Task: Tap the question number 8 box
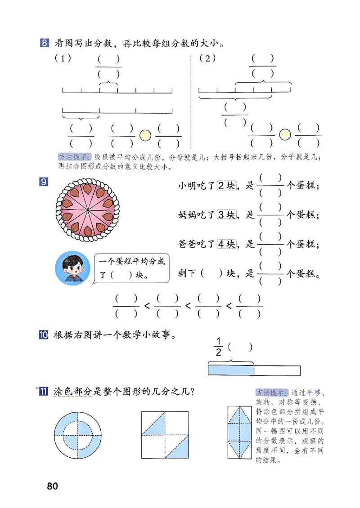point(44,44)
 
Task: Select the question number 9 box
point(44,182)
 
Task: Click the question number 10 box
point(44,335)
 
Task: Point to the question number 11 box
point(44,392)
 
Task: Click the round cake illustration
point(87,209)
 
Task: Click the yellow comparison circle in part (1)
point(145,134)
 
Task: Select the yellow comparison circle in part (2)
point(284,134)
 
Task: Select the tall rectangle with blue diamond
point(239,432)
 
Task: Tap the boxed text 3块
point(227,215)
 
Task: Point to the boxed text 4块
point(227,244)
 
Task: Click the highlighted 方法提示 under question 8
point(75,157)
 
